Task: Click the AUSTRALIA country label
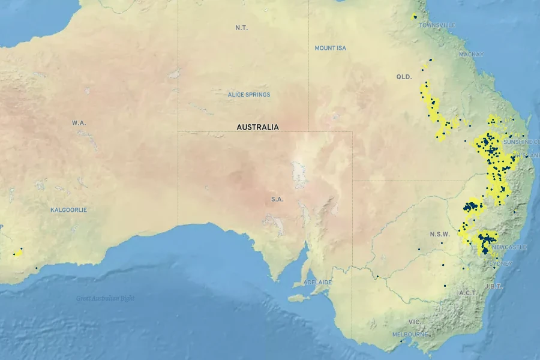tap(257, 127)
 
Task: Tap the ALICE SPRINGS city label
tap(249, 95)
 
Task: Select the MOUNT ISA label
tap(331, 48)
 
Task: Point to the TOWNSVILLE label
tap(437, 25)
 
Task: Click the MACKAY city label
tap(471, 55)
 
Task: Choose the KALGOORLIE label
tap(68, 210)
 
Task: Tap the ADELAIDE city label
tap(317, 282)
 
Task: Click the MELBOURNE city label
tap(410, 334)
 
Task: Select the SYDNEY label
tap(501, 263)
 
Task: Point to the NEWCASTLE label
tap(509, 247)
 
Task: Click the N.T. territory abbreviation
tap(242, 28)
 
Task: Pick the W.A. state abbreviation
tap(79, 123)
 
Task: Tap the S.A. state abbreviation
tap(277, 199)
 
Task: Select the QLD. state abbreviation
tap(404, 77)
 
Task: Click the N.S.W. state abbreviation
tap(440, 234)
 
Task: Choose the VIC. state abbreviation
tap(415, 322)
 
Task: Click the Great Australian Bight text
tap(105, 298)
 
